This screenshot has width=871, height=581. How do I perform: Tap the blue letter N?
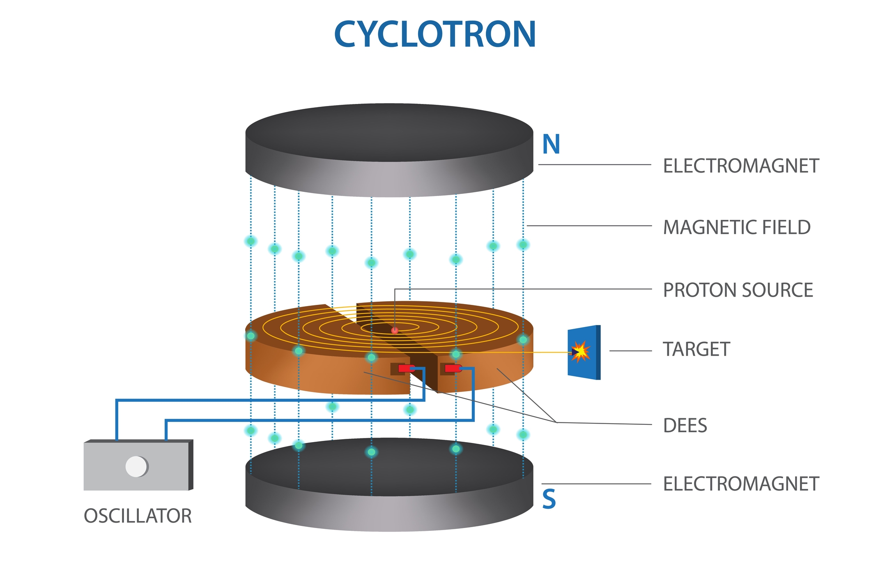[551, 145]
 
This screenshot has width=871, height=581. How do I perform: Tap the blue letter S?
[549, 499]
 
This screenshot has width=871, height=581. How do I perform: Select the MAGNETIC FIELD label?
[737, 227]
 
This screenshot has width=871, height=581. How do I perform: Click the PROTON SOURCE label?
[738, 290]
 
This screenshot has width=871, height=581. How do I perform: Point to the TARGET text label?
[696, 350]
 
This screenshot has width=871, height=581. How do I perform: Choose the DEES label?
[685, 426]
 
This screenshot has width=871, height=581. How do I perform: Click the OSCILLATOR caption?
[138, 516]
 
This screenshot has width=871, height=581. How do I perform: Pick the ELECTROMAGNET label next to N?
[741, 166]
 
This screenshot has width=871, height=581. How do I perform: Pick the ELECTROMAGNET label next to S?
[741, 484]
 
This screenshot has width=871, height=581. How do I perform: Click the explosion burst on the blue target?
[580, 351]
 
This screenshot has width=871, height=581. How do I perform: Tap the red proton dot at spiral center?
[395, 330]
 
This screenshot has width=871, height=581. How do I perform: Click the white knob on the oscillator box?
[136, 466]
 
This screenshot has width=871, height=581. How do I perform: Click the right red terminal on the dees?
[453, 369]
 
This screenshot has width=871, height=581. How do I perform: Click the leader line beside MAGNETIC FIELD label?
[589, 226]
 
